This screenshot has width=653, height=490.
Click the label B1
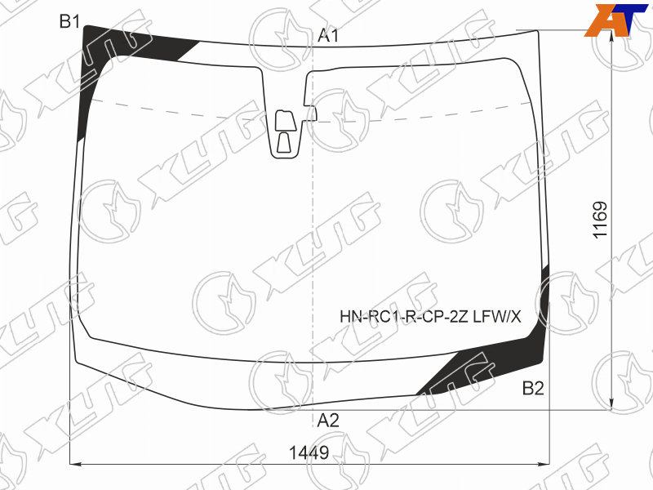point(69,21)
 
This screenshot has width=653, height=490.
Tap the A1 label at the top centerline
point(328,36)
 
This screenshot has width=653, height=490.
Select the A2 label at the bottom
point(328,421)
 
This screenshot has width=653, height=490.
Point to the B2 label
point(533,389)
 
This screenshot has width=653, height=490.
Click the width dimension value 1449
point(309,452)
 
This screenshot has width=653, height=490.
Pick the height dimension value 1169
point(601,220)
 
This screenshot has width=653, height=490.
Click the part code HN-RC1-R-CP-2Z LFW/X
point(430,317)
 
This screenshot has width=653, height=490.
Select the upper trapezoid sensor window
point(286,121)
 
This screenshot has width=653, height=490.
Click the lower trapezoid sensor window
point(284,143)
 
